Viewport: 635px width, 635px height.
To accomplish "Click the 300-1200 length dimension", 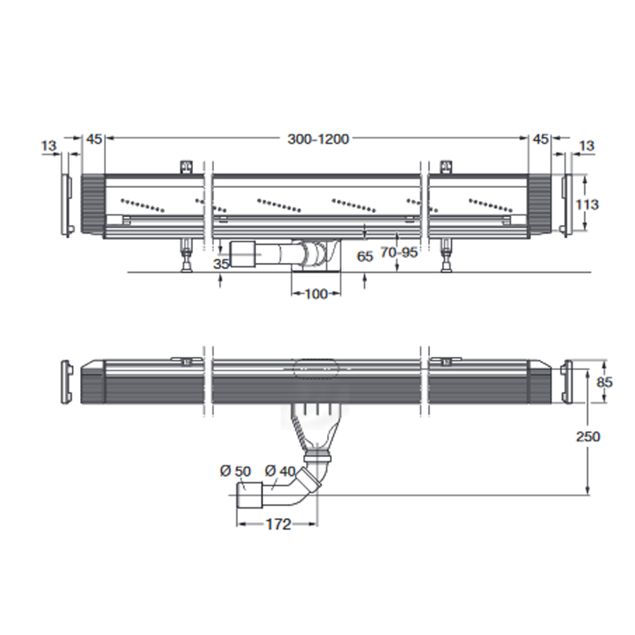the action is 318,139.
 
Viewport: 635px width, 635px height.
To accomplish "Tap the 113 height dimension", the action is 587,204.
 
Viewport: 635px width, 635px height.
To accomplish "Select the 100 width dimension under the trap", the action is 316,293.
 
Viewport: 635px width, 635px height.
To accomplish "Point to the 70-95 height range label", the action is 399,252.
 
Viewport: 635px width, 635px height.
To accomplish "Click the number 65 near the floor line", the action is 365,257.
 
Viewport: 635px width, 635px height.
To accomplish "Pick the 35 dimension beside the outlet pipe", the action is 222,264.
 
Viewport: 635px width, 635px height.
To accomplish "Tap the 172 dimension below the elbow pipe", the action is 279,525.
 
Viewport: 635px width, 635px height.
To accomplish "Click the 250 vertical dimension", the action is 588,437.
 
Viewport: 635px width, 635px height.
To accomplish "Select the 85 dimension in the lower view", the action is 605,382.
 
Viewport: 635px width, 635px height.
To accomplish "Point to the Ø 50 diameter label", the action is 236,471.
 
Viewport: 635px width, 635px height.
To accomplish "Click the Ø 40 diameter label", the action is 280,471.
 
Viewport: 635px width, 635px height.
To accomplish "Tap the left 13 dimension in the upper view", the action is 49,145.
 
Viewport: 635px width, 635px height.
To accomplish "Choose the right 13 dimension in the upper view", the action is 587,145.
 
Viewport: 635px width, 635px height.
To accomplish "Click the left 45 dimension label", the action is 95,139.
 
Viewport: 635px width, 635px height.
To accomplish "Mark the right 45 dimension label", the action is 540,139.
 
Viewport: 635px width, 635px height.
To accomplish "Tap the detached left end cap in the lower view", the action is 67,382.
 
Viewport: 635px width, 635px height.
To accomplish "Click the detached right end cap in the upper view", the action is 566,205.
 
